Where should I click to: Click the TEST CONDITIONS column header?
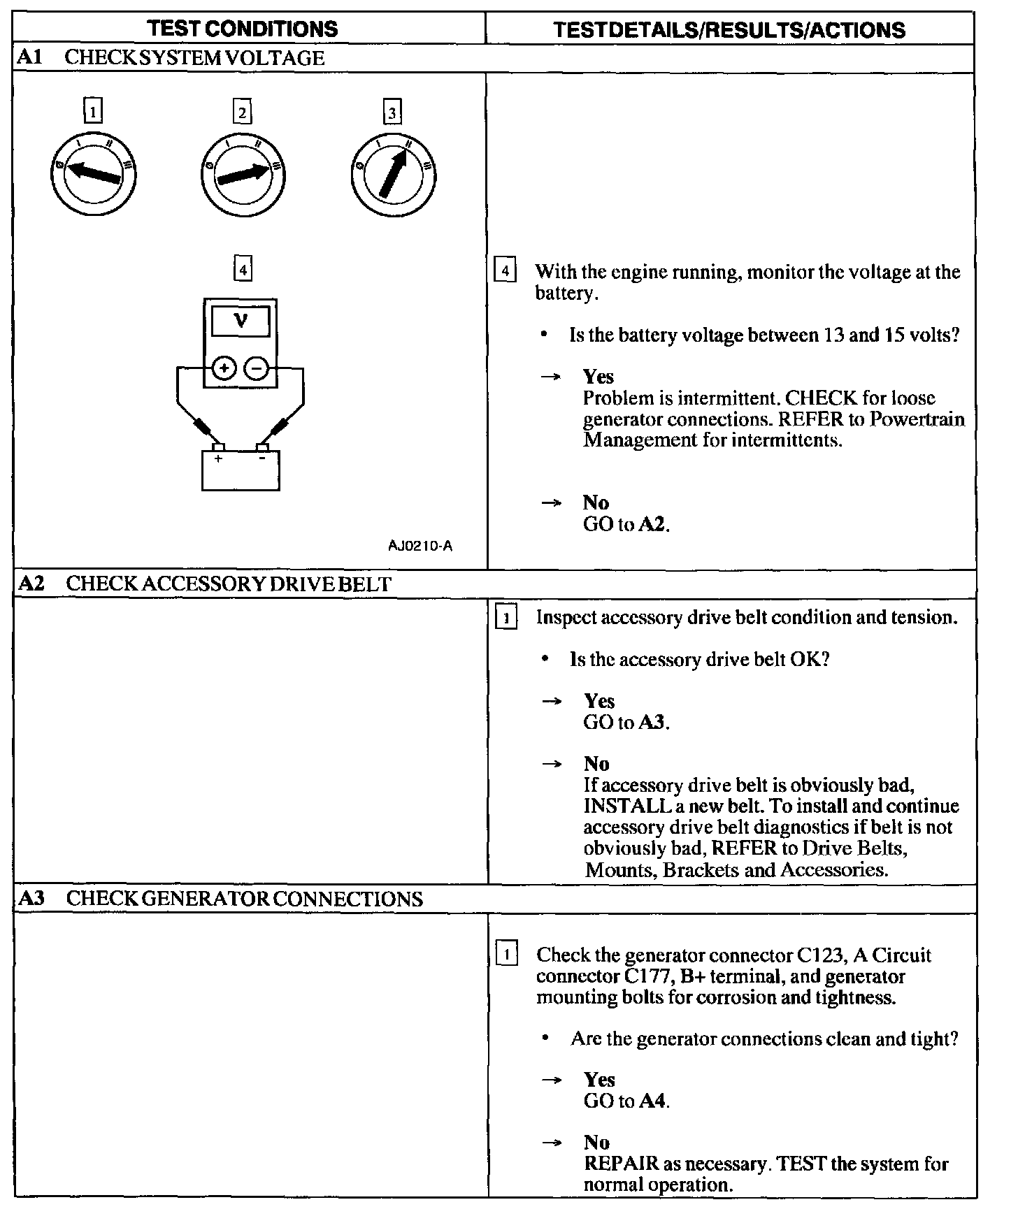point(243,29)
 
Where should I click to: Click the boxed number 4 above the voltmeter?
point(243,269)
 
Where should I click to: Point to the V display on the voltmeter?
point(241,321)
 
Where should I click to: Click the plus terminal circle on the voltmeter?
point(223,368)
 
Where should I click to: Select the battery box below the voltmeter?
point(241,470)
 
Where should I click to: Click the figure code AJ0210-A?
point(420,546)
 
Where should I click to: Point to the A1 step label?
point(30,58)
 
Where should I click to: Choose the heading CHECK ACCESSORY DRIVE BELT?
point(228,584)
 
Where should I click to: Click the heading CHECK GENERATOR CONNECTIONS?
point(244,899)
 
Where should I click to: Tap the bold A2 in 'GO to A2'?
point(653,524)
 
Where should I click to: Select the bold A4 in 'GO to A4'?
point(653,1101)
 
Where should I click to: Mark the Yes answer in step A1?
point(598,377)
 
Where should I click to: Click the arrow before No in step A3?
point(552,1143)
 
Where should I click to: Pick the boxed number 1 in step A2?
point(506,618)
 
